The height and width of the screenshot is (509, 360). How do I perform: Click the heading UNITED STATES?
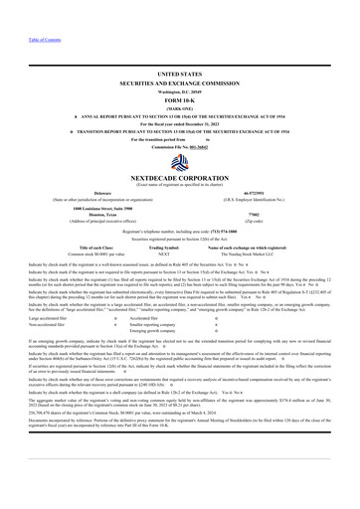[x=179, y=74]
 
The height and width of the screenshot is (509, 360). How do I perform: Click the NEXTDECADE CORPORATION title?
[x=179, y=175]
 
